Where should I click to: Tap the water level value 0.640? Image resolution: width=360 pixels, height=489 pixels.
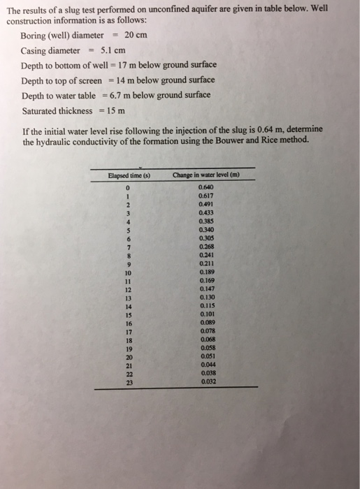point(206,187)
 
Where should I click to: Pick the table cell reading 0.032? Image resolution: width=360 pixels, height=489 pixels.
point(207,382)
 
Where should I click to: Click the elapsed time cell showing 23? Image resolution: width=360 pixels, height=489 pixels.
point(129,382)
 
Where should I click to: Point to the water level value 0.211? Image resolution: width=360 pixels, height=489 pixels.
point(207,263)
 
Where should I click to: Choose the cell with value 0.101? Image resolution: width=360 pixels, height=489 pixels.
point(207,314)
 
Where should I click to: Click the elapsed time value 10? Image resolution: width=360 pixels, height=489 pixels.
point(129,272)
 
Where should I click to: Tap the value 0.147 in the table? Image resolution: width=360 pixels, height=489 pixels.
point(207,289)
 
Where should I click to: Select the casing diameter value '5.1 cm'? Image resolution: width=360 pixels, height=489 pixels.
point(113,50)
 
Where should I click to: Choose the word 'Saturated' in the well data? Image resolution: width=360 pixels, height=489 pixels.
point(42,111)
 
